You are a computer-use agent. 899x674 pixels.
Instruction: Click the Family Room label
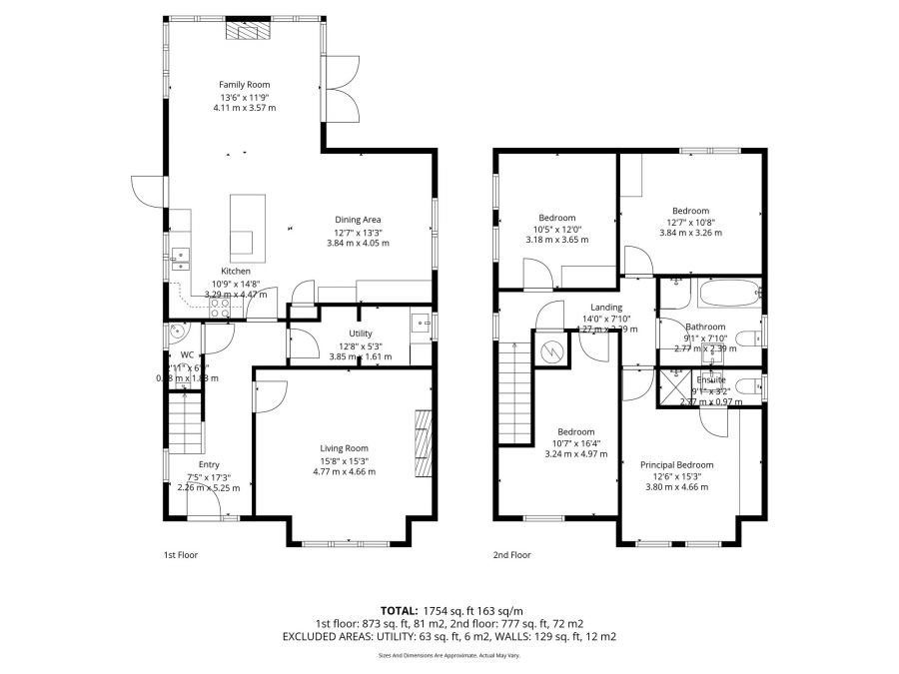click(245, 85)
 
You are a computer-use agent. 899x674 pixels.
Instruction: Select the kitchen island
click(242, 226)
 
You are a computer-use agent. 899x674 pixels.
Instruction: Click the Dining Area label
click(358, 220)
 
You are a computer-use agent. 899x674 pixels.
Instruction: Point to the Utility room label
click(361, 334)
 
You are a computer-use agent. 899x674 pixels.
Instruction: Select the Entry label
click(209, 464)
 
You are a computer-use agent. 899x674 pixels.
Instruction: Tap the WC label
click(187, 354)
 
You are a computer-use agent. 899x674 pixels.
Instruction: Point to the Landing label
click(606, 308)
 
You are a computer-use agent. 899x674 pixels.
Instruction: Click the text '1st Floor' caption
click(181, 554)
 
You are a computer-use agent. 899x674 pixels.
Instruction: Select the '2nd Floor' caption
click(511, 554)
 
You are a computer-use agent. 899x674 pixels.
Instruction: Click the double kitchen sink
click(180, 259)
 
